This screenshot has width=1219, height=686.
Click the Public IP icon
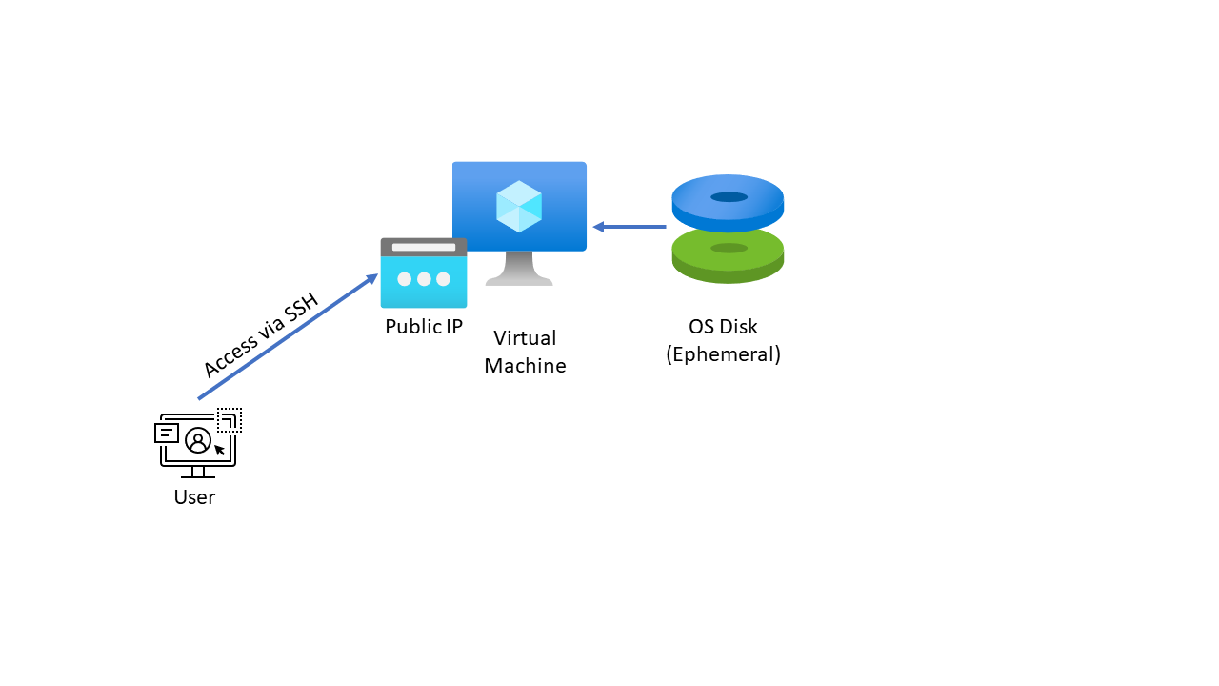click(424, 273)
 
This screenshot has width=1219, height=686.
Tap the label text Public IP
click(424, 327)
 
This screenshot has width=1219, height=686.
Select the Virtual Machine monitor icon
click(519, 208)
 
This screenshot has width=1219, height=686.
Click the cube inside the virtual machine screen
click(519, 206)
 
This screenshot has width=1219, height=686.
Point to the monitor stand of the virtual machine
click(519, 269)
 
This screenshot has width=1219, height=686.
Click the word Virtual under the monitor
click(525, 338)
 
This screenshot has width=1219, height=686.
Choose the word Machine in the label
click(525, 366)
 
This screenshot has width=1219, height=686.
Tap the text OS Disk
click(724, 327)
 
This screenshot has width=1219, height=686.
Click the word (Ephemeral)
click(724, 354)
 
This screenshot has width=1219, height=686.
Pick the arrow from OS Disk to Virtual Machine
click(629, 227)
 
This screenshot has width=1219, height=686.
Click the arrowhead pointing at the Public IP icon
click(372, 278)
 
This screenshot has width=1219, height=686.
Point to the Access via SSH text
click(260, 336)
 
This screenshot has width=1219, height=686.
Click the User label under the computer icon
click(194, 497)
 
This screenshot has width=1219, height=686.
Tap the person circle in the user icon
click(198, 440)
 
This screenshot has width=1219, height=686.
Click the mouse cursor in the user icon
click(220, 450)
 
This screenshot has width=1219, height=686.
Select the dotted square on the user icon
click(230, 419)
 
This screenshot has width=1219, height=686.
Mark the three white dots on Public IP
click(424, 279)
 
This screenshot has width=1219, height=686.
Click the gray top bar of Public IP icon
click(424, 248)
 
